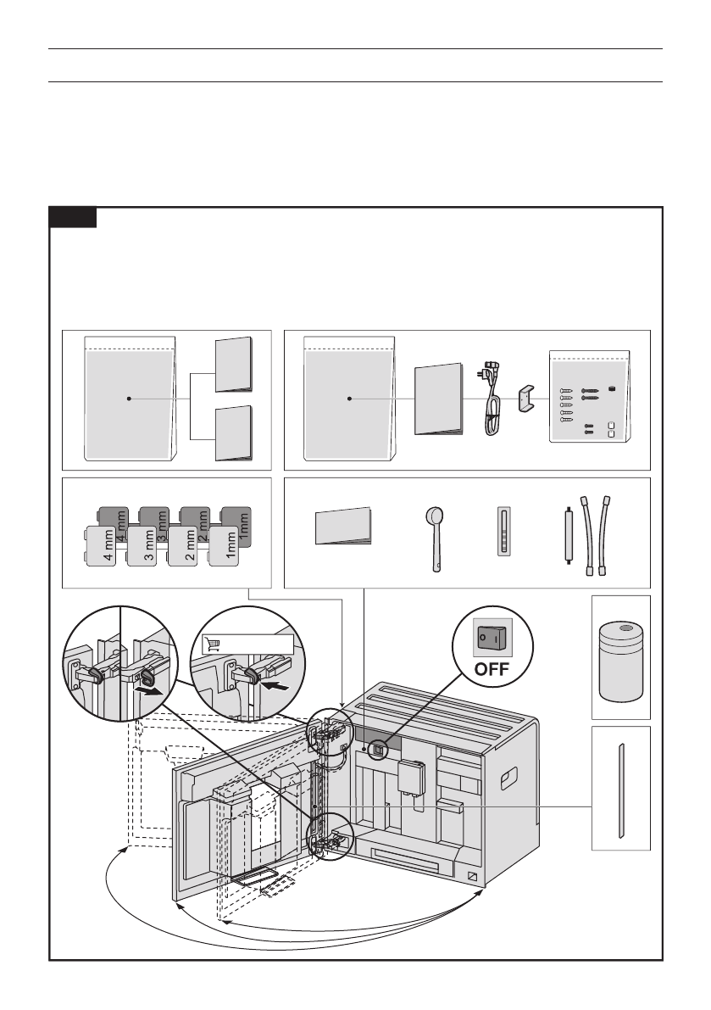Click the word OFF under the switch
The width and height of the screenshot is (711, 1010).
492,668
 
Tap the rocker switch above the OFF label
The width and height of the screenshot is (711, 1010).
492,634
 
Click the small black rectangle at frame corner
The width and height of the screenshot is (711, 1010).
72,218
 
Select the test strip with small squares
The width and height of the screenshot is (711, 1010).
504,533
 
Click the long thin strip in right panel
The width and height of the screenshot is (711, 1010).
621,789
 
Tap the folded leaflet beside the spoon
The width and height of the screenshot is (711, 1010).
343,527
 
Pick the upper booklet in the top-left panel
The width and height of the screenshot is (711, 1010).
233,365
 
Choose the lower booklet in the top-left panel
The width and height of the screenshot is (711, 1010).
233,432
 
